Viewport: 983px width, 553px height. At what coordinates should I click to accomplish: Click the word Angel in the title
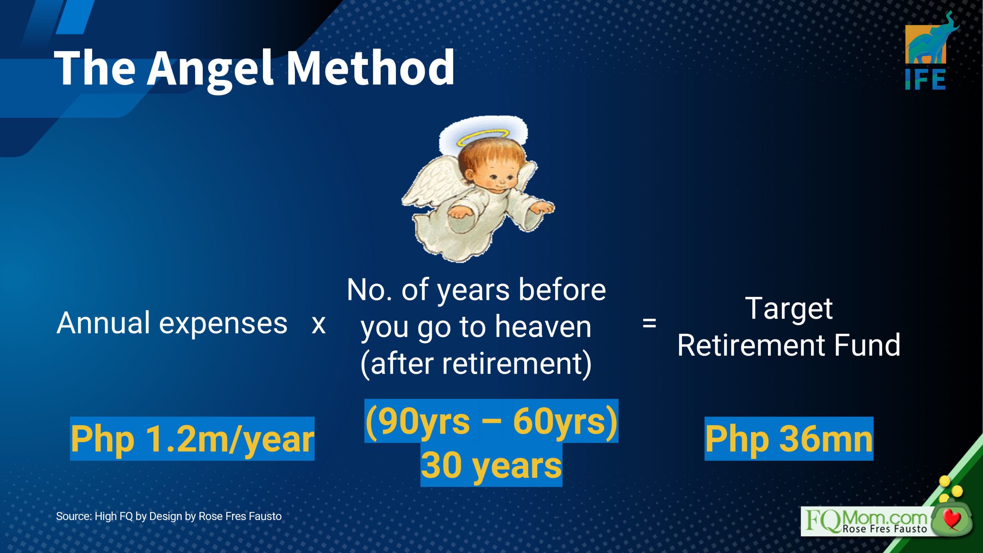coord(211,69)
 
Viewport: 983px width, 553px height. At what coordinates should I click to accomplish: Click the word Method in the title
coord(371,67)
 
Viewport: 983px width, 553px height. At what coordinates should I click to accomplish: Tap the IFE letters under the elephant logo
coord(925,79)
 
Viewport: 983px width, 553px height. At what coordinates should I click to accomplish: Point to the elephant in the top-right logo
coord(931,40)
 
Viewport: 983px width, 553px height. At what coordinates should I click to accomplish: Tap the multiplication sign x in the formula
coord(318,325)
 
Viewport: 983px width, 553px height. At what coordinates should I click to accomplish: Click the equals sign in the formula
coord(649,323)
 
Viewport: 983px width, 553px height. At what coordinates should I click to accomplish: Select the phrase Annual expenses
coord(172,323)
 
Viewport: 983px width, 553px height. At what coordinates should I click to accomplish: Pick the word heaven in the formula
coord(543,327)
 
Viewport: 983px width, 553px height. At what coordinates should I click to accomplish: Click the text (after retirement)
coord(476,364)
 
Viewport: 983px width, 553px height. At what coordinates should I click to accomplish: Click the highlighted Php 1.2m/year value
coord(192,439)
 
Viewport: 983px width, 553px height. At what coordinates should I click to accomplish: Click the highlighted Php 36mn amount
coord(789,439)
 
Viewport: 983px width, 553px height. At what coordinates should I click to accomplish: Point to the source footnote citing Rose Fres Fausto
coord(169,517)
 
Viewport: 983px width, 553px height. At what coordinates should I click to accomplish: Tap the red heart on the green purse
coord(952,519)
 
